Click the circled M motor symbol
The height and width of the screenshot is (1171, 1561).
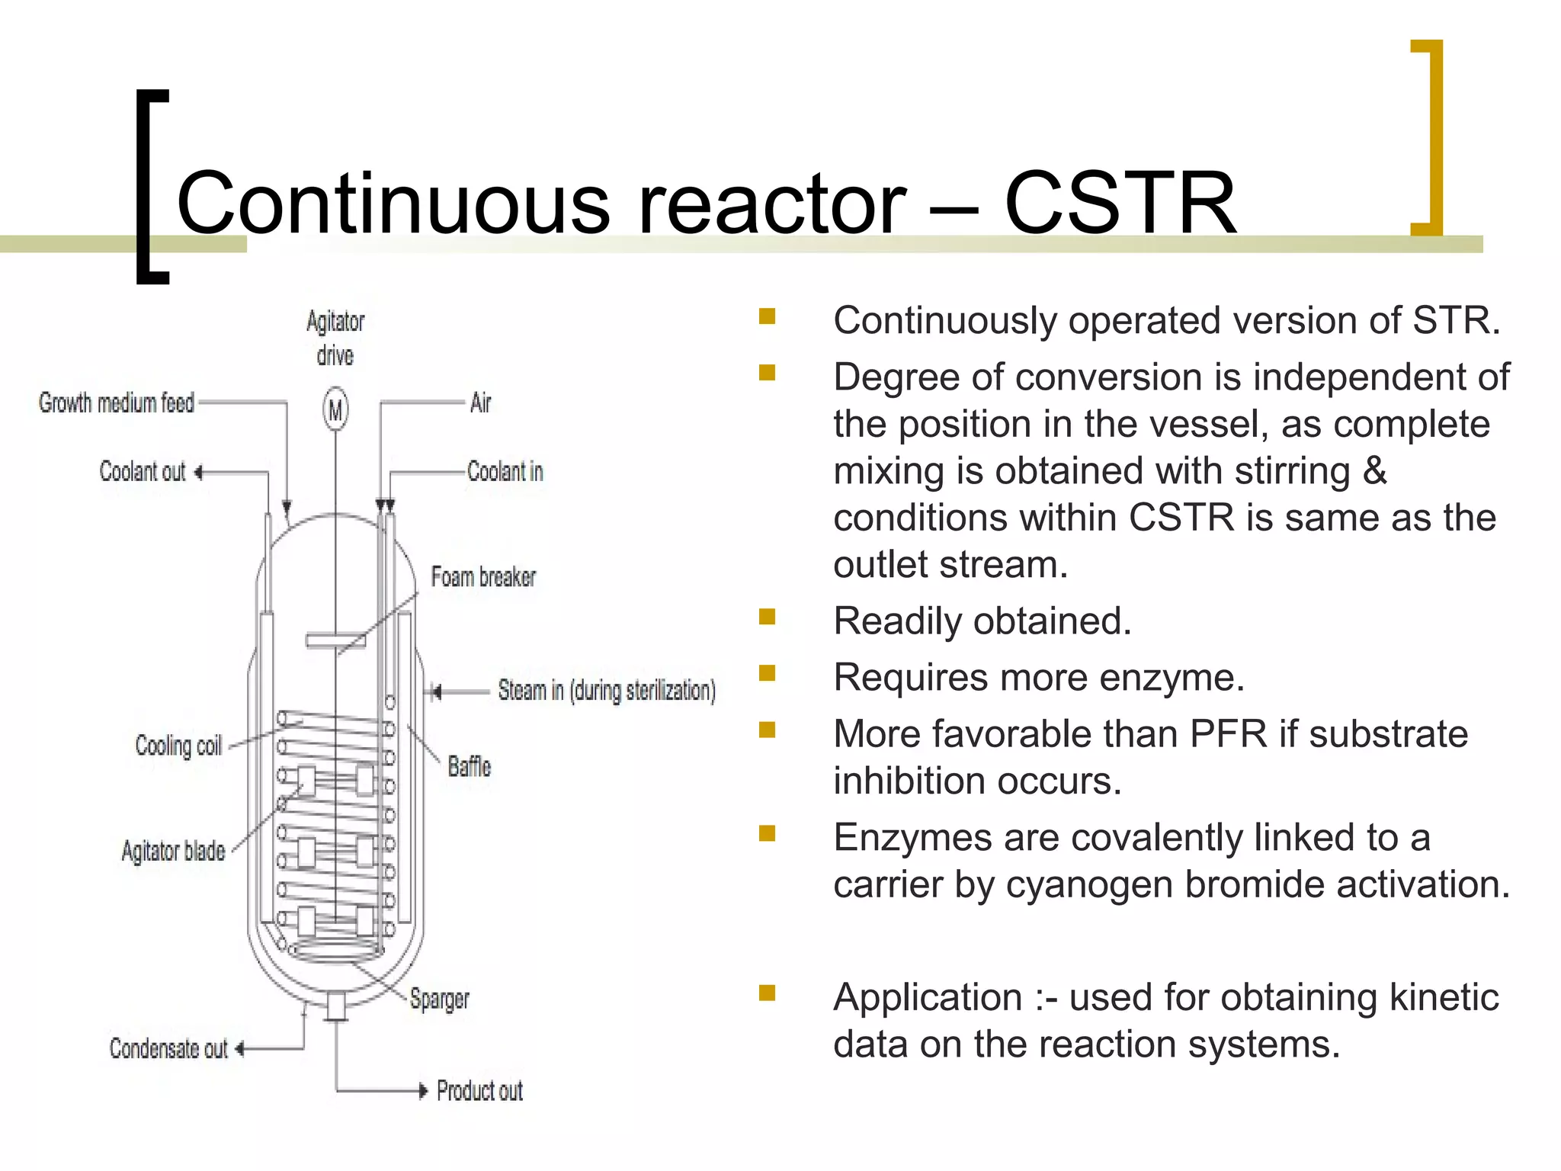(x=335, y=409)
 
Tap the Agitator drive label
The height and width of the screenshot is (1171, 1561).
(x=335, y=338)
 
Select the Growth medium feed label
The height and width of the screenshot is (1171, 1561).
(x=117, y=403)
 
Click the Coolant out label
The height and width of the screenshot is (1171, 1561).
(x=143, y=472)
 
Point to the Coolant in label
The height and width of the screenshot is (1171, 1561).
(x=505, y=472)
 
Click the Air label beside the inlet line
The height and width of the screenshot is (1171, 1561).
(x=480, y=403)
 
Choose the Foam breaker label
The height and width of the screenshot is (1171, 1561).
(x=483, y=577)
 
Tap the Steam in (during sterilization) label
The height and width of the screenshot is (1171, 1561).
(x=607, y=691)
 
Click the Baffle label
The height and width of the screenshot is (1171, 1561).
(x=469, y=766)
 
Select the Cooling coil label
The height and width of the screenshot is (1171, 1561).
(x=178, y=746)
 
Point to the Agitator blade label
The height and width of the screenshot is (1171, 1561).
(x=173, y=851)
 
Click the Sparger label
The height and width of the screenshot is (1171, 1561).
(x=439, y=999)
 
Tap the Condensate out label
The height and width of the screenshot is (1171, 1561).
(x=168, y=1049)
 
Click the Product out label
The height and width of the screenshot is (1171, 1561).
(x=479, y=1091)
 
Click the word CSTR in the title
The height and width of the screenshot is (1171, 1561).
(x=1120, y=204)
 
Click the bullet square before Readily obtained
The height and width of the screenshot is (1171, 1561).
(x=767, y=616)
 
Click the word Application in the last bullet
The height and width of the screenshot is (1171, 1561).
(x=928, y=998)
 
